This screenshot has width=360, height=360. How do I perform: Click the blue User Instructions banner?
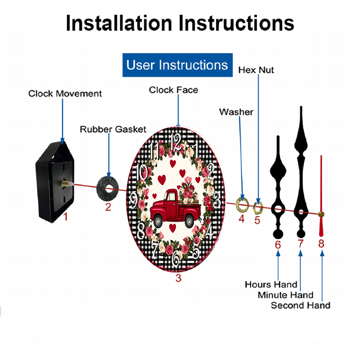pos(177,65)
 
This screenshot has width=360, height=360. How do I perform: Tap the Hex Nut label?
pos(256,70)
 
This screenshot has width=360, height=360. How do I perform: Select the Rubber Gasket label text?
pos(113,129)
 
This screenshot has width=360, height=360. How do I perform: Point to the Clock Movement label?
pos(65,94)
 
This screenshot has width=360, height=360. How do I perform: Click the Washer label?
pos(236,112)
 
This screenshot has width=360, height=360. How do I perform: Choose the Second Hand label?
pos(301,305)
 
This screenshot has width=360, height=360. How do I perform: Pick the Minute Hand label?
pos(285,295)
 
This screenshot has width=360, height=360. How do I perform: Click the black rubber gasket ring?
pos(107,188)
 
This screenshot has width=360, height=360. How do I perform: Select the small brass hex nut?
pos(258,207)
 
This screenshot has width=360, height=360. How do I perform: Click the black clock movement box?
pos(55,182)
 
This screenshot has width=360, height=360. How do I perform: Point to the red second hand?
pos(321,196)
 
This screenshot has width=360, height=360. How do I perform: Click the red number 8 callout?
pos(321,244)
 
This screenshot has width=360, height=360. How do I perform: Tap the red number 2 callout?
pos(108,207)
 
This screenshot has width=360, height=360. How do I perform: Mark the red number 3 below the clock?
pos(179,278)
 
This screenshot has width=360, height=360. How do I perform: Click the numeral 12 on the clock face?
pos(176,143)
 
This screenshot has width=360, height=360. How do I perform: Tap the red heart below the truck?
pos(172,228)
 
